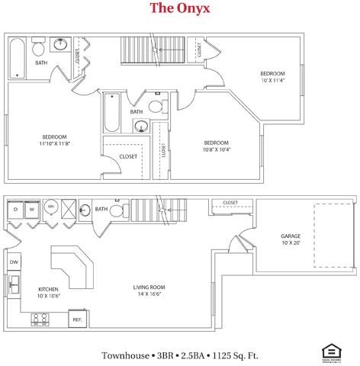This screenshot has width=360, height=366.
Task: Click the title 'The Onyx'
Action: [x=179, y=8]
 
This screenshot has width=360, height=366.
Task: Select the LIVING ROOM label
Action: [x=149, y=287]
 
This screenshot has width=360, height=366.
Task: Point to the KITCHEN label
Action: [x=49, y=289]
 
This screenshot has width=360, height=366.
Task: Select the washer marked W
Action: [x=32, y=207]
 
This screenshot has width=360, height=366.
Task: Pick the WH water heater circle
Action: [x=51, y=207]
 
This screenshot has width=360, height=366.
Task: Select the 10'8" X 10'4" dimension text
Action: [x=216, y=149]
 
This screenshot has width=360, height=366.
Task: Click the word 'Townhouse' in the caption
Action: [x=127, y=355]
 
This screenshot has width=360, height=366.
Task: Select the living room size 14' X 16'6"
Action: [x=149, y=294]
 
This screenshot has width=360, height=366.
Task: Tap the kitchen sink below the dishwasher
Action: [x=14, y=286]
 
